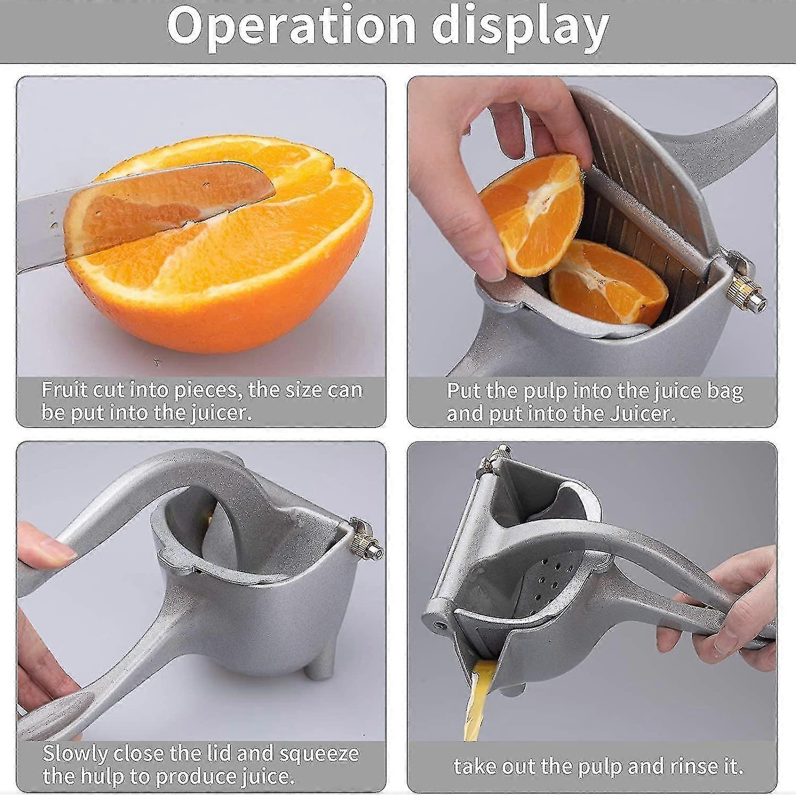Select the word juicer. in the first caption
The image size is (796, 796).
pos(221,412)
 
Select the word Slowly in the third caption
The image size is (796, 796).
pos(74,754)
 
